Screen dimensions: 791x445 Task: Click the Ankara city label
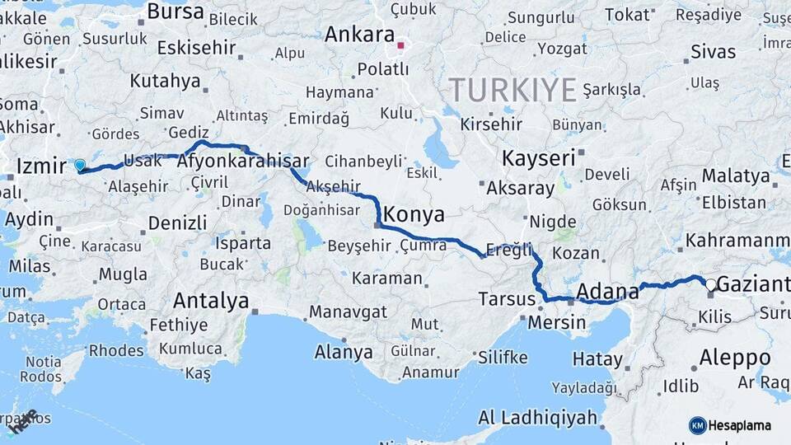[x=359, y=35]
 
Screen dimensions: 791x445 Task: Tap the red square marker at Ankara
[x=402, y=45]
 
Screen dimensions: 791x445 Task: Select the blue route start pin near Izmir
[x=80, y=166]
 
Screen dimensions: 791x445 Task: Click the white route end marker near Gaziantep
[x=710, y=284]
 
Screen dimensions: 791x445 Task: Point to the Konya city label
[x=414, y=216]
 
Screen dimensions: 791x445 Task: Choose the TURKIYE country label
[x=512, y=89]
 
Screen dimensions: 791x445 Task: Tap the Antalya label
[x=211, y=302]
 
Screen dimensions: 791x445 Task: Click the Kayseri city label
[x=538, y=158]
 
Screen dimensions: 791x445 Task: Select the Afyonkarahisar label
[x=243, y=162]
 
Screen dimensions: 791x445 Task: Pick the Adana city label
[x=608, y=291]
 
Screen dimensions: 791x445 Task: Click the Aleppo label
[x=735, y=358]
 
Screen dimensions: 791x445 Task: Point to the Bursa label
[x=175, y=12]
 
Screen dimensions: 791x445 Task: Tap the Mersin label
[x=557, y=322]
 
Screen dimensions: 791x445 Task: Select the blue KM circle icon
[x=697, y=425]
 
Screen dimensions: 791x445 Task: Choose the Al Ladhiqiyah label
[x=537, y=418]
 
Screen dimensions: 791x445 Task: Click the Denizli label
[x=178, y=222]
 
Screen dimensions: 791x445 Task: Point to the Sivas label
[x=714, y=52]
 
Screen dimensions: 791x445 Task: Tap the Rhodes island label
[x=116, y=350]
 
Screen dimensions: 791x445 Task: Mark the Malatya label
[x=736, y=176]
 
